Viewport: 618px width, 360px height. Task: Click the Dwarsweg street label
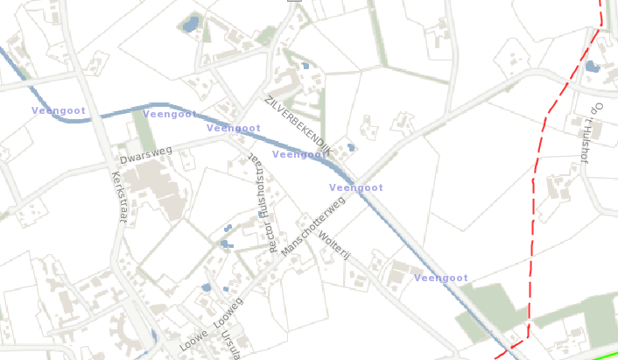145,156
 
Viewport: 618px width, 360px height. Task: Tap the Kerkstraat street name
118,196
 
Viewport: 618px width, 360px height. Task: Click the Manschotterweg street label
313,226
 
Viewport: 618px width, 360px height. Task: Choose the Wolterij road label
334,244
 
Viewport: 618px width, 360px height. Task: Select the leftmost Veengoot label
58,110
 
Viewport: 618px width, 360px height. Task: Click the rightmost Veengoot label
440,278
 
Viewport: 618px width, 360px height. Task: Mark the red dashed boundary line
532,228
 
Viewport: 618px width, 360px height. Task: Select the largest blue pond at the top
190,25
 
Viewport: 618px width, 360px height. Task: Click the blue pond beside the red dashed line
593,66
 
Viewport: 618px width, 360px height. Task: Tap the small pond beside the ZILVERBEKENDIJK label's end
351,147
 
